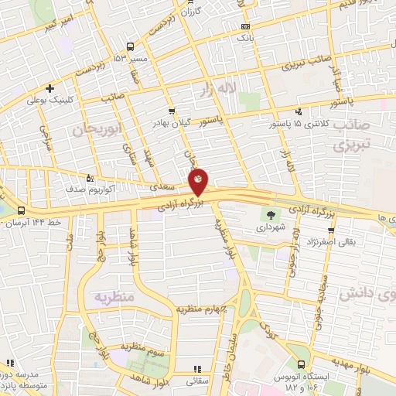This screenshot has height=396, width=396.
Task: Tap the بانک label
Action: (244, 36)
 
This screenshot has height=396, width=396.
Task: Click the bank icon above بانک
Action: (244, 23)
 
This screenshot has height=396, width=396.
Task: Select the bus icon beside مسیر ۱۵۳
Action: (130, 46)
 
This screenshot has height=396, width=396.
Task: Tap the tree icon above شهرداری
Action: (271, 215)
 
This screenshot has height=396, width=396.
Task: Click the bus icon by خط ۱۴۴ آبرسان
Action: (19, 210)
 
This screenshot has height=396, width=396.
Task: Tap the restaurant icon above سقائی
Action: (196, 368)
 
